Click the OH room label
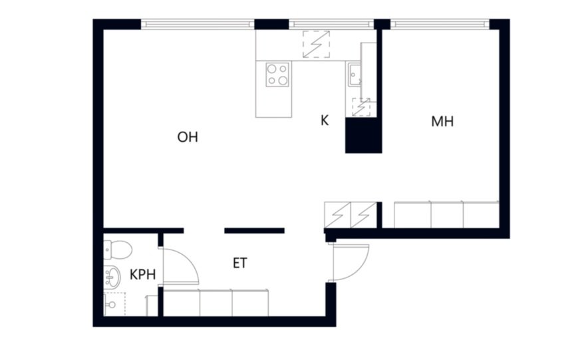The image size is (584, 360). (x=188, y=137)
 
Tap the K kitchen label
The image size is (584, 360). (x=325, y=120)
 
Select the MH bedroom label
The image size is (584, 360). (x=442, y=122)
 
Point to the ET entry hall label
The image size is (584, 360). (x=240, y=263)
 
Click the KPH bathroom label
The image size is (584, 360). (x=142, y=275)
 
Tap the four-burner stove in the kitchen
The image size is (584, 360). (x=277, y=75)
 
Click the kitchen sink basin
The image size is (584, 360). (x=355, y=75)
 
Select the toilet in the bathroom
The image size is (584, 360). (x=117, y=249)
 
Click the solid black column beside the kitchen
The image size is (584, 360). (x=363, y=135)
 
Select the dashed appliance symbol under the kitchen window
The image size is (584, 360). (x=316, y=45)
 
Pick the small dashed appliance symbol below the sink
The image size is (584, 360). (x=361, y=107)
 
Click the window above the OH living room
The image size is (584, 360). (x=198, y=24)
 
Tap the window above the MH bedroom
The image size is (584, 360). (x=440, y=24)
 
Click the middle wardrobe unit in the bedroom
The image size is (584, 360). (x=447, y=215)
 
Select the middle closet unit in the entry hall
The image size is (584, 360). (x=216, y=303)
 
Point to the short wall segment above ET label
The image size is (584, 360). (x=254, y=231)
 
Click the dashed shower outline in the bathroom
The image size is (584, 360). (x=114, y=304)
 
